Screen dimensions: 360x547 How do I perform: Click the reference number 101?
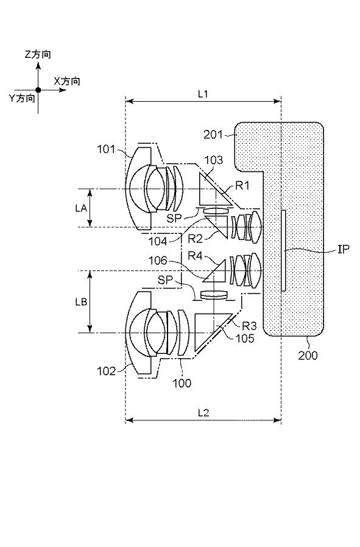(x=106, y=149)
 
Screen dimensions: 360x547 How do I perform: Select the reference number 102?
(x=106, y=371)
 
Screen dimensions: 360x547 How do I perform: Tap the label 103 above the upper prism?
(x=213, y=160)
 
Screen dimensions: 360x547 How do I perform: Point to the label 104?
(x=158, y=241)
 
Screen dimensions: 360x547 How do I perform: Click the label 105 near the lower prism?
(x=245, y=338)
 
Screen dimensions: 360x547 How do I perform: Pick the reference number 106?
(x=158, y=261)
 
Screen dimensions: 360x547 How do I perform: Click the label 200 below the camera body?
(x=308, y=355)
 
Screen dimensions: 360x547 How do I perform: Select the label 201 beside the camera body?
(x=213, y=134)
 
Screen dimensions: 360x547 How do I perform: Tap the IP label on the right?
(x=344, y=249)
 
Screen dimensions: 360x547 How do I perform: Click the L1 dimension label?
(x=203, y=94)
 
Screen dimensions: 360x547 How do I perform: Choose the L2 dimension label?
(x=203, y=413)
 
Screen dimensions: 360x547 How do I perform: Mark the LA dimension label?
(x=81, y=208)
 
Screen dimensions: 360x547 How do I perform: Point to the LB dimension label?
(x=81, y=302)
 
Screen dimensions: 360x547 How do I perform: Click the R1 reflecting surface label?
(x=242, y=185)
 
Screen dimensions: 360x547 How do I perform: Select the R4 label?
(x=195, y=256)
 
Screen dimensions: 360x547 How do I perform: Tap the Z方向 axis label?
(x=38, y=54)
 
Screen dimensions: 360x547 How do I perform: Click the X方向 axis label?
(x=67, y=81)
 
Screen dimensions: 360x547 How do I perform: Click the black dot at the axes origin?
(x=38, y=90)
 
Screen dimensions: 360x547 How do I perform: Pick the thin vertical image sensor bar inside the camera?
(x=283, y=250)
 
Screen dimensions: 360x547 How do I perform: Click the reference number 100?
(x=182, y=383)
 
